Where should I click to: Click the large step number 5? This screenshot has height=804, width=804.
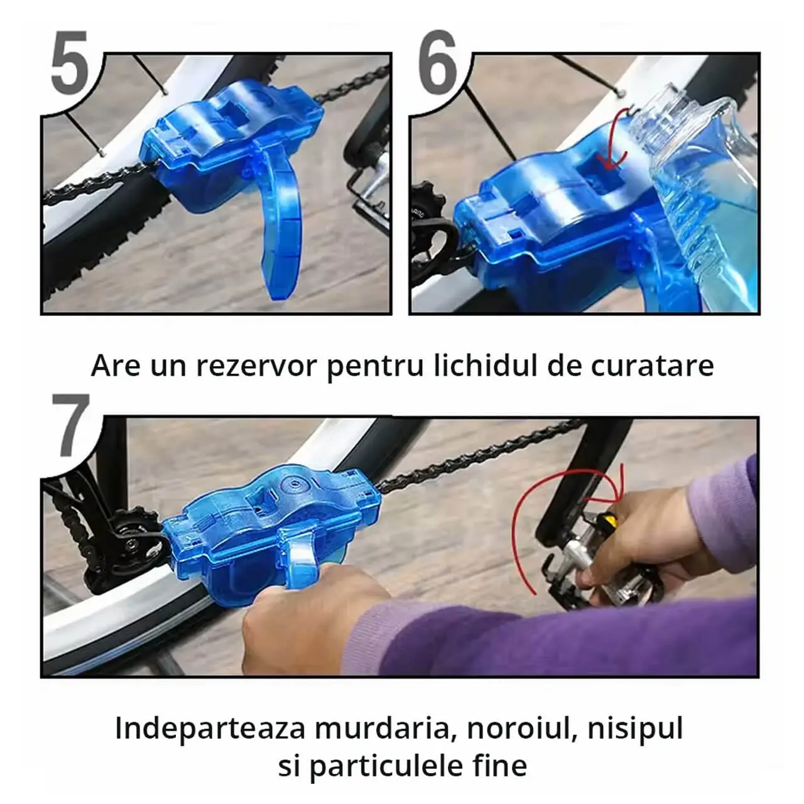[70, 63]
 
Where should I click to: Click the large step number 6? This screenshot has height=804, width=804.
[437, 62]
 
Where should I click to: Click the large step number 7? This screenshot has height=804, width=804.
[71, 426]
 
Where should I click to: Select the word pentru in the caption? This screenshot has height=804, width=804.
[375, 367]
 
